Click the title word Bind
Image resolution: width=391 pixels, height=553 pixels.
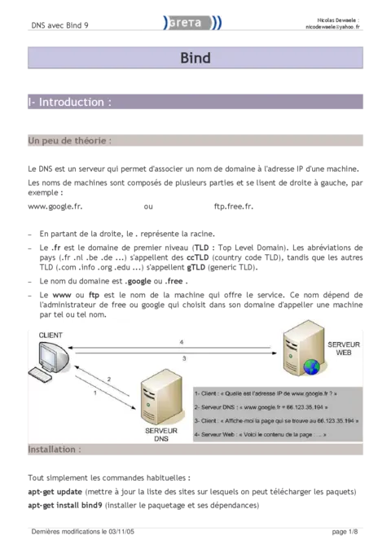(195, 58)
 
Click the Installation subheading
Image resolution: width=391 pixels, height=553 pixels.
(55, 449)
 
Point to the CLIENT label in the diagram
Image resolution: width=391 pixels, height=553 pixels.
(50, 335)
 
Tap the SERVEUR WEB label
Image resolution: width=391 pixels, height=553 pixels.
(342, 349)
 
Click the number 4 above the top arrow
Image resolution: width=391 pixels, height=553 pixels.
(182, 342)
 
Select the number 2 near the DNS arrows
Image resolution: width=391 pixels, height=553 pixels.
(108, 379)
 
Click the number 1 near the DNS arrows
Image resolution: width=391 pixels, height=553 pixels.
(96, 393)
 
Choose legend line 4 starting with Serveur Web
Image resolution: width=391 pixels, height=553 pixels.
(261, 435)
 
